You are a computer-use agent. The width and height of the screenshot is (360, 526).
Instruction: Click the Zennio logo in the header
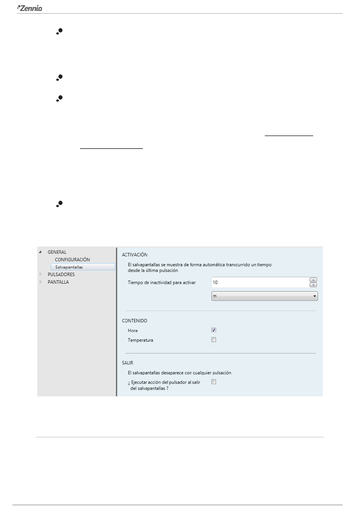[30, 8]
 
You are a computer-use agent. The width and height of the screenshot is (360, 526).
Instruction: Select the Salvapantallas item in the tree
[69, 267]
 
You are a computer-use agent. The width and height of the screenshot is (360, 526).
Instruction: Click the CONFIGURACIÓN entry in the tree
[72, 260]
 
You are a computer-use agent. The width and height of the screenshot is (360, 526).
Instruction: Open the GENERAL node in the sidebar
[57, 252]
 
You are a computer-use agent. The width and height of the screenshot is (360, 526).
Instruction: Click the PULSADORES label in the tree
[61, 275]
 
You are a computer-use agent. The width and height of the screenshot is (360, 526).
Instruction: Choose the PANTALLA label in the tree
[58, 282]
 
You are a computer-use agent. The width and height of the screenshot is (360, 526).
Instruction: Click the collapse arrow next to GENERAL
[41, 252]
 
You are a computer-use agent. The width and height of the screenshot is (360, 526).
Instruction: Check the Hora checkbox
[214, 330]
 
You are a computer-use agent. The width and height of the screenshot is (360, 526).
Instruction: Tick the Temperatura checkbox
[214, 340]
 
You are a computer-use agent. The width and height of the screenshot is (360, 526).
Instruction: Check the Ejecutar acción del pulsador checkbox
[214, 382]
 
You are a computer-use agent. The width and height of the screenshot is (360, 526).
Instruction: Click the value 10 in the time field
[215, 283]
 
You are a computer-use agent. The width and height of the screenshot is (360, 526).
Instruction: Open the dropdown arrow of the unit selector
[315, 296]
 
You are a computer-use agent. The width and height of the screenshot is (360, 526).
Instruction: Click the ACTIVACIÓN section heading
[135, 255]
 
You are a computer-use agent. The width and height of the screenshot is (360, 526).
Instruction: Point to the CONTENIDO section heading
[135, 321]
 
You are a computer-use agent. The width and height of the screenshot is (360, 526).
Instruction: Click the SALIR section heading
[128, 363]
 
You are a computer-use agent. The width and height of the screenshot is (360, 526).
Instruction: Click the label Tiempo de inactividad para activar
[162, 283]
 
